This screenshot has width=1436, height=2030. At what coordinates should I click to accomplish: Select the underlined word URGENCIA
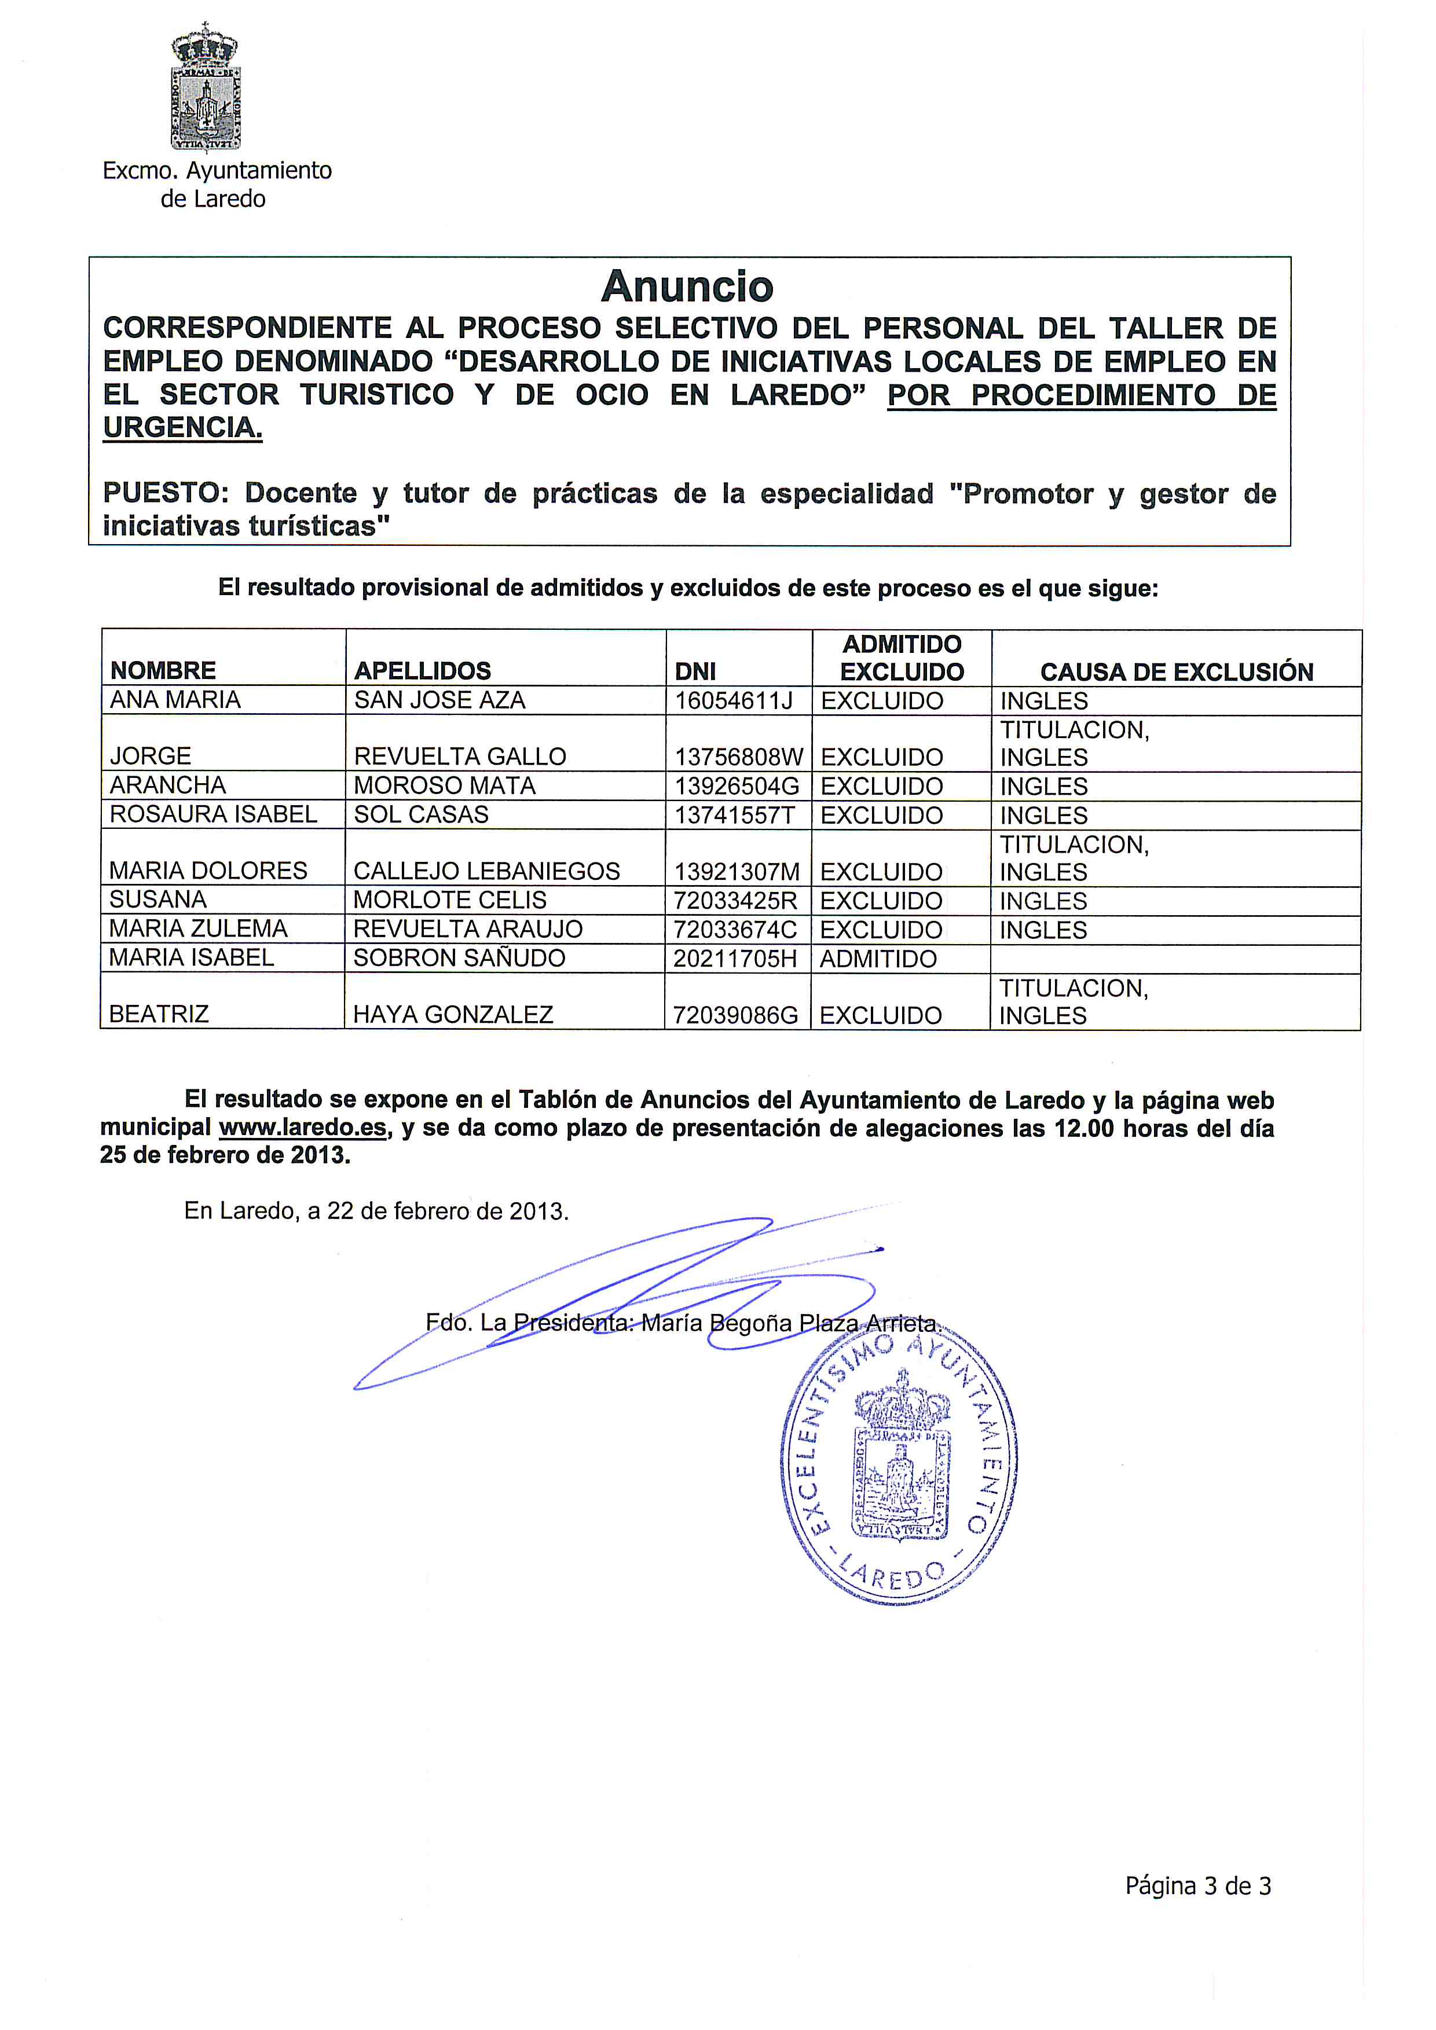pyautogui.click(x=182, y=427)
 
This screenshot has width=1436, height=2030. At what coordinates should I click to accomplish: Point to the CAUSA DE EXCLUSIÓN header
pyautogui.click(x=1176, y=672)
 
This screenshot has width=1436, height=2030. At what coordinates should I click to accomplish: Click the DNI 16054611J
pyautogui.click(x=733, y=701)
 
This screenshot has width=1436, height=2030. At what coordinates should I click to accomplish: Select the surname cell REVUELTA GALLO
pyautogui.click(x=460, y=757)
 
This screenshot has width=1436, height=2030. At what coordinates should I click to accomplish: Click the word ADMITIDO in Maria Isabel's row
pyautogui.click(x=877, y=959)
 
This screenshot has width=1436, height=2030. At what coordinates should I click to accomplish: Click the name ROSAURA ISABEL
pyautogui.click(x=213, y=814)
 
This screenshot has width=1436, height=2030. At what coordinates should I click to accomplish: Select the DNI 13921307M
pyautogui.click(x=736, y=872)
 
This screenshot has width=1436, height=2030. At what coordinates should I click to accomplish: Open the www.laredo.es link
pyautogui.click(x=302, y=1128)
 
